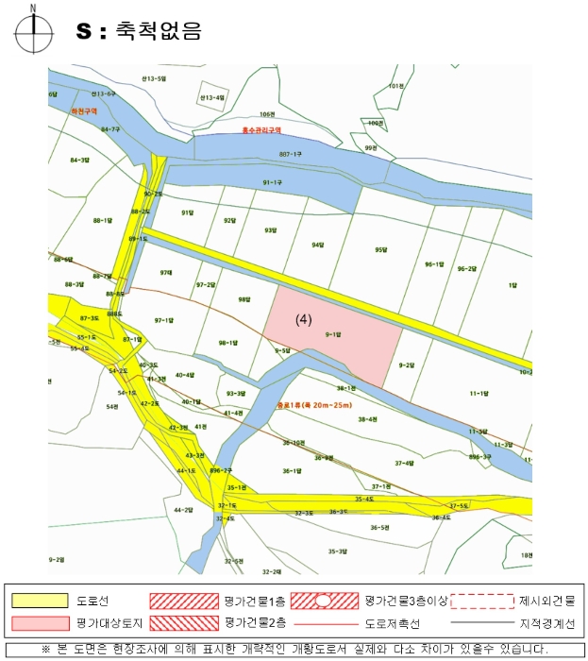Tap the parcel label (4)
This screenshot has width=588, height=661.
coord(304,319)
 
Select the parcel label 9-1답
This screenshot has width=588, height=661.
coord(332,334)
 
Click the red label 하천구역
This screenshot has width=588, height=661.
coord(84,110)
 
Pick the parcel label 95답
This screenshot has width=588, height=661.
coord(381,249)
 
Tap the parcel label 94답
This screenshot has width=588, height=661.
coord(318,245)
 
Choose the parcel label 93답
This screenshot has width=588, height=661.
coord(271,229)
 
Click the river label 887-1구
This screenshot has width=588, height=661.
coord(290,153)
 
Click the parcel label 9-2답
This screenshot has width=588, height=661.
coord(407,364)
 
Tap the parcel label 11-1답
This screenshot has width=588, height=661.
coord(479,393)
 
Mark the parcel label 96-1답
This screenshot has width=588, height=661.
coord(434,264)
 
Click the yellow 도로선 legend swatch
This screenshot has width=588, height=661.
coord(41,600)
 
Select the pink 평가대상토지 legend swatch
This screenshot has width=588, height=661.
coord(41,622)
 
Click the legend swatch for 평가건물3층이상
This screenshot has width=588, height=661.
coord(322,600)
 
